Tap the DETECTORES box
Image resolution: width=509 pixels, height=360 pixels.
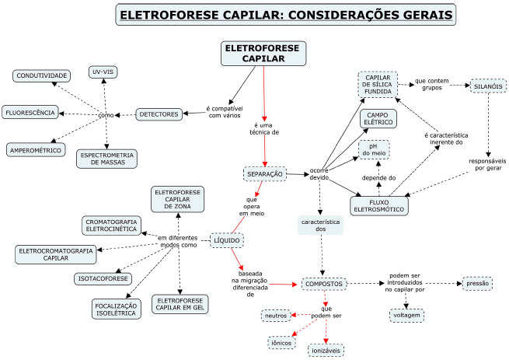pos(159,114)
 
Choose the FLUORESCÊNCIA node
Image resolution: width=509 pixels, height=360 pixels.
pos(30,113)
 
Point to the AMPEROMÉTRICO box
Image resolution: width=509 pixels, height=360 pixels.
pos(36,149)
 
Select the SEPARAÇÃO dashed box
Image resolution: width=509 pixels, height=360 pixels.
pos(265,173)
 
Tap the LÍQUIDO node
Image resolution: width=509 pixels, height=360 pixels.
pos(228,240)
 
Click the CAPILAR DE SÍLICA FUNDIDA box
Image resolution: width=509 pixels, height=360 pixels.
pos(378,84)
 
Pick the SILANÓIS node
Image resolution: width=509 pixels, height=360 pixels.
pos(486,87)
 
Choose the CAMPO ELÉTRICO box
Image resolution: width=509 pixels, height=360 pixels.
pos(378,118)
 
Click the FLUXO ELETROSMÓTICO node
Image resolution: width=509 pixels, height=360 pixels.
pos(379,204)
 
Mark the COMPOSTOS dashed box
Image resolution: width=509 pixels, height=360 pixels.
pos(324,284)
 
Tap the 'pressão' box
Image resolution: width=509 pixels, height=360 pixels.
pos(478,284)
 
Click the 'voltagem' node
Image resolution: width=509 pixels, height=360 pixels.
pos(406,315)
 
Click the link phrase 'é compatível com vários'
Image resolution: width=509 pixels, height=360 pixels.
pos(225,112)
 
